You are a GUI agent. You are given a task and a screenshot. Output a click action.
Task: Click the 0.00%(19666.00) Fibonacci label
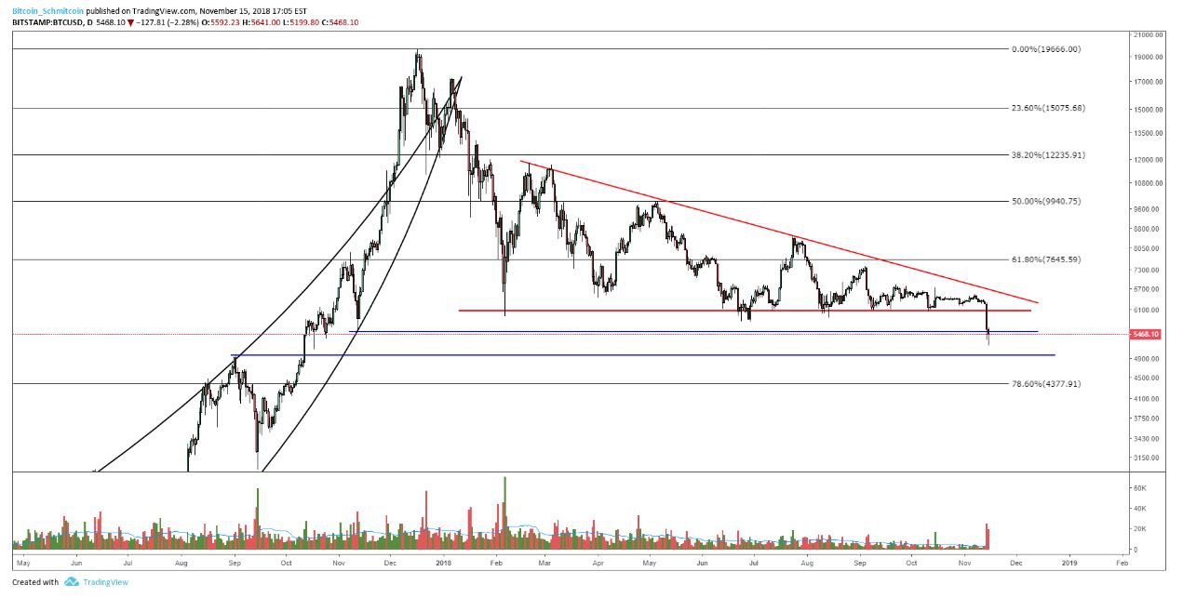click(1045, 49)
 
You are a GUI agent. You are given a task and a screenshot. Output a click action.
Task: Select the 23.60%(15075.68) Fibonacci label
click(1047, 108)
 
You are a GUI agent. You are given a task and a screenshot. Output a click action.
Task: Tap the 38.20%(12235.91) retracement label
click(1047, 155)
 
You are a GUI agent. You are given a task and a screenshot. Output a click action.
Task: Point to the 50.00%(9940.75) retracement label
click(1047, 201)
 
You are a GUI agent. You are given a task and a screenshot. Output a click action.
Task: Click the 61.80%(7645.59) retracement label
click(1047, 259)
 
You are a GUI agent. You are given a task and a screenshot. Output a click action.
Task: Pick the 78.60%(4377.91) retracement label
click(1047, 383)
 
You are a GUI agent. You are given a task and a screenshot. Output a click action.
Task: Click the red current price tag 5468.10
click(1144, 334)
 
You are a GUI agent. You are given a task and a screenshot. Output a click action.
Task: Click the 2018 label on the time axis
click(443, 563)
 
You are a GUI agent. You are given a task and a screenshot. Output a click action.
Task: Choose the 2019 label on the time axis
click(1069, 563)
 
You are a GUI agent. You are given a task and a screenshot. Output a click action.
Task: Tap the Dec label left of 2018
click(391, 563)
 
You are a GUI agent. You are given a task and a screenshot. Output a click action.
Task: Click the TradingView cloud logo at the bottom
click(71, 582)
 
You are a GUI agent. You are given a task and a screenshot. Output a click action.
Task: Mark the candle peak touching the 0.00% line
click(418, 51)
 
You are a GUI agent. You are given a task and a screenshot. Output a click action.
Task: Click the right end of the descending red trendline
click(1038, 302)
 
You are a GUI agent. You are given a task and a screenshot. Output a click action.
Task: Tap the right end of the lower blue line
click(1055, 355)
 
